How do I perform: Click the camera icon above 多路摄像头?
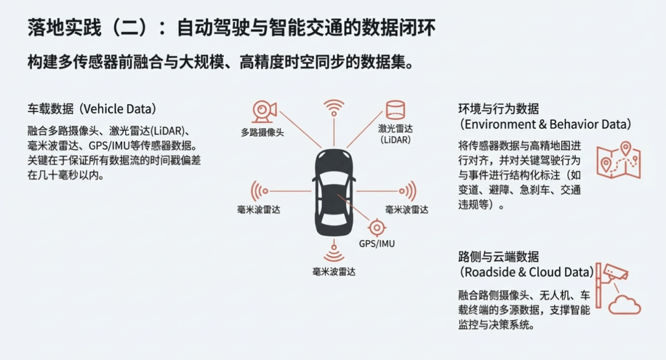click(x=265, y=112)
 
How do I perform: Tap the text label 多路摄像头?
click(x=262, y=132)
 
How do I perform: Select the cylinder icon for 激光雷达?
click(x=395, y=110)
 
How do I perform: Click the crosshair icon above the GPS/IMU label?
click(x=377, y=226)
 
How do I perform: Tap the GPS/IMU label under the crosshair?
click(x=377, y=243)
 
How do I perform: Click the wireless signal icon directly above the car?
click(x=335, y=108)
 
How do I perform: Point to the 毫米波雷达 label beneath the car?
click(x=334, y=271)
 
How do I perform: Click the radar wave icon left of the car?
click(x=259, y=190)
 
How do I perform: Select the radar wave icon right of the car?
click(x=408, y=191)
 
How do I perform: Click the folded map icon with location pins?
click(x=618, y=160)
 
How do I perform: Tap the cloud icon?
click(x=625, y=305)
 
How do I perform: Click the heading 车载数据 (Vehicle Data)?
click(x=92, y=109)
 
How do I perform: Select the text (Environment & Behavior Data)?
click(x=545, y=125)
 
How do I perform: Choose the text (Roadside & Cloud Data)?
click(x=527, y=272)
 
